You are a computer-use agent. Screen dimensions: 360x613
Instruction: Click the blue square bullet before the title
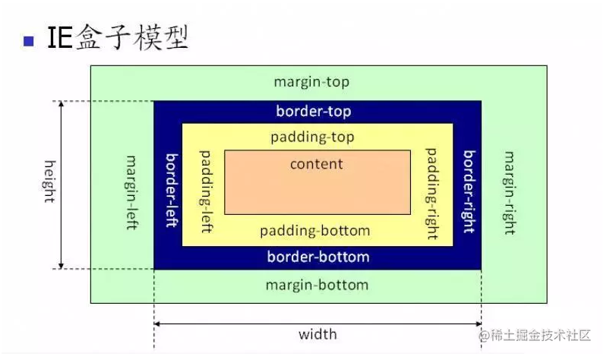point(30,40)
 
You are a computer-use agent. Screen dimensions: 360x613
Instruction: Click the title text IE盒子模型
point(117,37)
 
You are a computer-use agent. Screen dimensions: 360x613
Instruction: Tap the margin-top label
point(311,82)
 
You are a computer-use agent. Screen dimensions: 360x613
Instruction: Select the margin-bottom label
point(317,285)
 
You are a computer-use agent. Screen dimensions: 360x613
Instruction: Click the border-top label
point(314,112)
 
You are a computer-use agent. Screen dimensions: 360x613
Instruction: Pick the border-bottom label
point(318,257)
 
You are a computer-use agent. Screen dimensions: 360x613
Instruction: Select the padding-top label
point(312,137)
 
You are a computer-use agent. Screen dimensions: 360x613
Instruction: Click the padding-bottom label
point(314,230)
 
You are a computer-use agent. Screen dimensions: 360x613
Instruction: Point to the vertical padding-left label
point(204,191)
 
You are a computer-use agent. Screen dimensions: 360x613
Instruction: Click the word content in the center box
point(316,163)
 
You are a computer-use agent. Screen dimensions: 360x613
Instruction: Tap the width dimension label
point(317,333)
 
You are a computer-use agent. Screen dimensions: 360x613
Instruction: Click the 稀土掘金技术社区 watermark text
point(542,335)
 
